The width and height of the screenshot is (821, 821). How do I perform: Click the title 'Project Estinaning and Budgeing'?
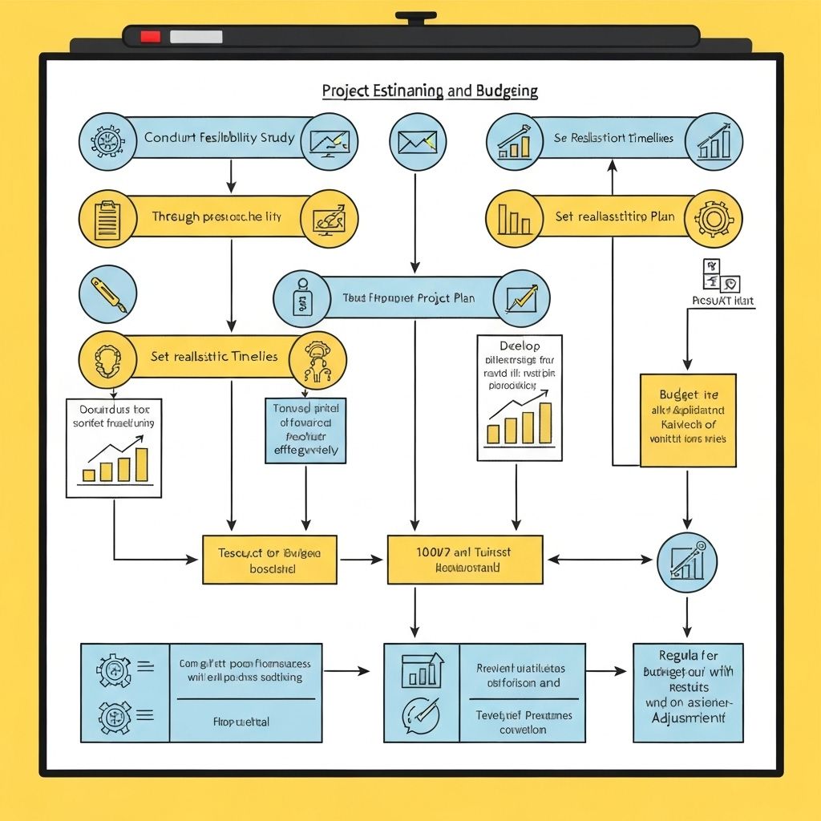(x=430, y=91)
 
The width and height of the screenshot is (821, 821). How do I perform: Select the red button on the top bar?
(x=151, y=36)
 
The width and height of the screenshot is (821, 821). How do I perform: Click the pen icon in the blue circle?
(x=107, y=294)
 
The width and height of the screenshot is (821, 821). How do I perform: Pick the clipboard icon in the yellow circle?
(x=107, y=218)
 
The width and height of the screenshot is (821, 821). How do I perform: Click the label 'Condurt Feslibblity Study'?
(x=219, y=138)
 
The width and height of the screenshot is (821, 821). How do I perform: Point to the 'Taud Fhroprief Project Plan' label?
(x=408, y=298)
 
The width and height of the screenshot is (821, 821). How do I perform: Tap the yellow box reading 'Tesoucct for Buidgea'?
(x=269, y=560)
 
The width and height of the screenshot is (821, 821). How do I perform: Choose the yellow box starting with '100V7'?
(x=465, y=560)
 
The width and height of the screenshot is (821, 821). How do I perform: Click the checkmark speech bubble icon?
(x=421, y=712)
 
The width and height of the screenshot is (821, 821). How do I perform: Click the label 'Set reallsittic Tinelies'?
(x=214, y=356)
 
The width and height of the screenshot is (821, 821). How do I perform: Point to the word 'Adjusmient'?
(x=687, y=718)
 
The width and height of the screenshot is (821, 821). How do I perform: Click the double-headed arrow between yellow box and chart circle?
(x=600, y=560)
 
